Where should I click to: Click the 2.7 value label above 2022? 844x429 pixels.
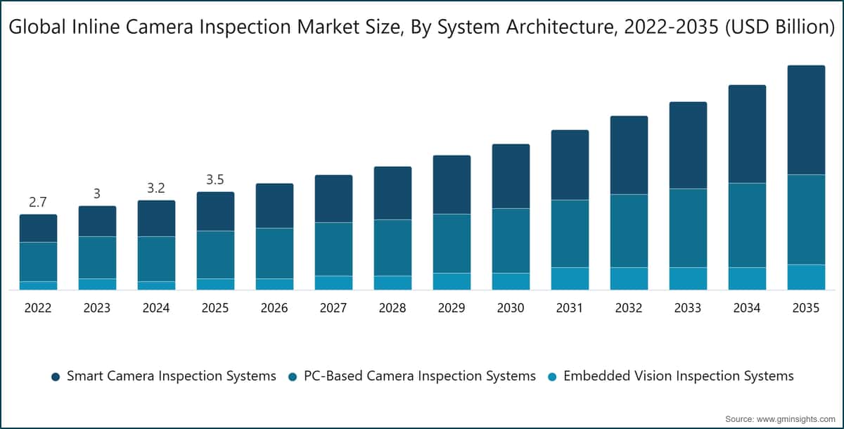pos(38,203)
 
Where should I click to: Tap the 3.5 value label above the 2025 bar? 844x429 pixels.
pos(215,180)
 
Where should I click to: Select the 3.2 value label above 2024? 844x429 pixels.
pos(156,188)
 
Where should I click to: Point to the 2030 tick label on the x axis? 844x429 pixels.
pos(511,308)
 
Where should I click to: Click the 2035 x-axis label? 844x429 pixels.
pos(806,308)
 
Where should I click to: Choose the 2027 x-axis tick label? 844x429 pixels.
pos(333,308)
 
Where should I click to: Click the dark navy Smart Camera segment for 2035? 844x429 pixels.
pos(806,120)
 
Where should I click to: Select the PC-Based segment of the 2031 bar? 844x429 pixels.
pos(570,233)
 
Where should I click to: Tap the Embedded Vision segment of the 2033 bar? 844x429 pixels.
pos(688,278)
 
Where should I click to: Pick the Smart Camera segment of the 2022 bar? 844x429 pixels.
pos(39,229)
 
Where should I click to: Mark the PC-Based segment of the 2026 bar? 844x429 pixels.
pos(275,253)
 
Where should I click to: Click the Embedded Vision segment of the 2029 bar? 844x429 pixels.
pos(452,281)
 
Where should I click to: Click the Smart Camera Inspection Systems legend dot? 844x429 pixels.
pos(56,377)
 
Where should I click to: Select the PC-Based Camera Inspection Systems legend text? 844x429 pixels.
pos(420,376)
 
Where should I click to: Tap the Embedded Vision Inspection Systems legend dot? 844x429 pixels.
pos(552,377)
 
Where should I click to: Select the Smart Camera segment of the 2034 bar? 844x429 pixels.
pos(747,134)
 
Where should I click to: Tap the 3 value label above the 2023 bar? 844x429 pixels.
pos(97,194)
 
